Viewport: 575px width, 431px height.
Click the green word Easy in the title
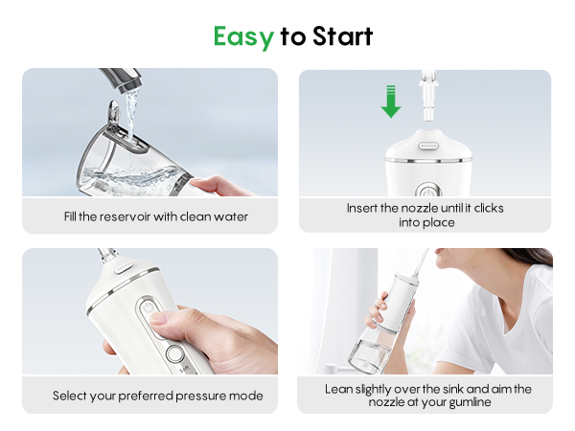[242, 36]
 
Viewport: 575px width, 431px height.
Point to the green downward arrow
[390, 101]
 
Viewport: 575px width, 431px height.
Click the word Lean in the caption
[337, 389]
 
